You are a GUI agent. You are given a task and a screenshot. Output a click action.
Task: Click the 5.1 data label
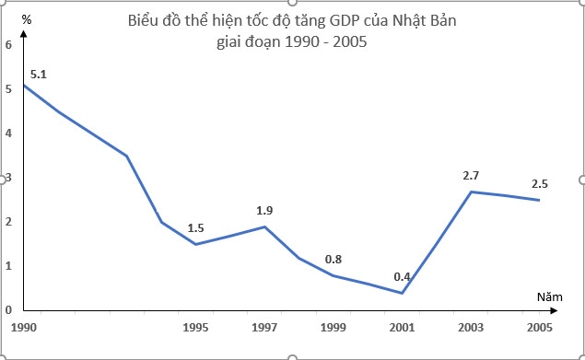(x=39, y=73)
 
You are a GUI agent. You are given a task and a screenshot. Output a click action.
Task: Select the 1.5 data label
(x=195, y=228)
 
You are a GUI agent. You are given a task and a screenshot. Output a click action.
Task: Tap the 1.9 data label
(x=264, y=211)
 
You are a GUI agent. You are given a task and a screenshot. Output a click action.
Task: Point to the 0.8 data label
(x=333, y=259)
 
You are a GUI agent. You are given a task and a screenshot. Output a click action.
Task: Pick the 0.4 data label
(x=402, y=276)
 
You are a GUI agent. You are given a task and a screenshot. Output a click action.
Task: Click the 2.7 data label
(x=471, y=175)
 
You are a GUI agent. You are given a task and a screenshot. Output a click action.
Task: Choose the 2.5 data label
(x=540, y=183)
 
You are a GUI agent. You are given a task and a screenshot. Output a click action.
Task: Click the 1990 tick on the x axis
(x=24, y=327)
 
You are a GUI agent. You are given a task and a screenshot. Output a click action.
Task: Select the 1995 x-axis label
(x=195, y=327)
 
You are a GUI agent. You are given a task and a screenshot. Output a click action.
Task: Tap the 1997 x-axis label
(x=264, y=327)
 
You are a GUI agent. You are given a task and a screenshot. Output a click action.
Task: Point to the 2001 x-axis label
(x=402, y=327)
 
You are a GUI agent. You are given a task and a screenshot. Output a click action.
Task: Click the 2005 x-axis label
(x=539, y=327)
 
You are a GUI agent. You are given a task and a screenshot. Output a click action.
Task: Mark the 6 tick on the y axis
(x=8, y=45)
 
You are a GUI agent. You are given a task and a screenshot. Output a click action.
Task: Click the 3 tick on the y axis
(x=8, y=178)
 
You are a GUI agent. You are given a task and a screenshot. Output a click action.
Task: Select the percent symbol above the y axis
(x=26, y=18)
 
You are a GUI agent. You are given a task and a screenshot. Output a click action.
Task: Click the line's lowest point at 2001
(x=402, y=293)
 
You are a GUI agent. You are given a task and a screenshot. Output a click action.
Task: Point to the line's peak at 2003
(x=471, y=192)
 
